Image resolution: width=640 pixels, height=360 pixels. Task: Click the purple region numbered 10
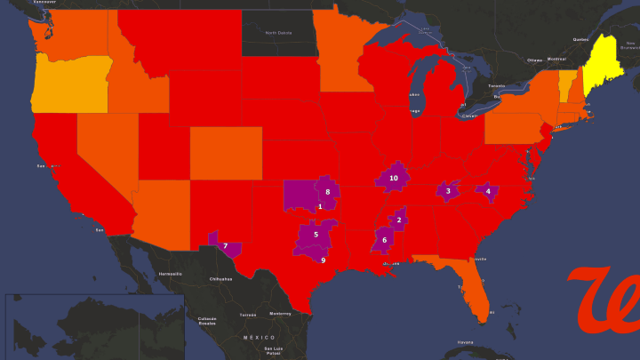[394, 178]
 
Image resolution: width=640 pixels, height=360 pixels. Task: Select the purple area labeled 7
[225, 245]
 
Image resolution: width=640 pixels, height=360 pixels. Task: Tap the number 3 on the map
[448, 190]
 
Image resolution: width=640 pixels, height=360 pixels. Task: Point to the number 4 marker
[487, 190]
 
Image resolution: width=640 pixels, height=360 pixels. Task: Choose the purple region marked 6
[316, 234]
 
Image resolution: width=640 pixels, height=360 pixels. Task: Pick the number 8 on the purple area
[328, 192]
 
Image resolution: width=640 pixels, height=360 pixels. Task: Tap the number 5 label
[316, 234]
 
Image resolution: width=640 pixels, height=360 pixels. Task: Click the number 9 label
[323, 260]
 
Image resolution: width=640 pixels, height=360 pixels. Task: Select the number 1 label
[320, 207]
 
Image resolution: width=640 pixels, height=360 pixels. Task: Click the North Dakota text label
[278, 33]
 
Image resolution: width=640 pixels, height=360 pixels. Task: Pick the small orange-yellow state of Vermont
[566, 86]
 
